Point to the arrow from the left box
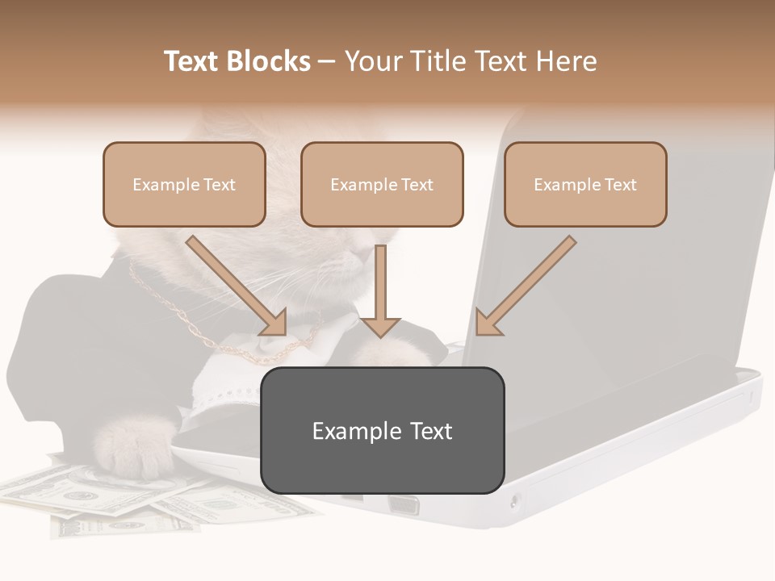237,286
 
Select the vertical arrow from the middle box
380,290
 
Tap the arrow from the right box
526,286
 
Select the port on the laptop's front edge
403,506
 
